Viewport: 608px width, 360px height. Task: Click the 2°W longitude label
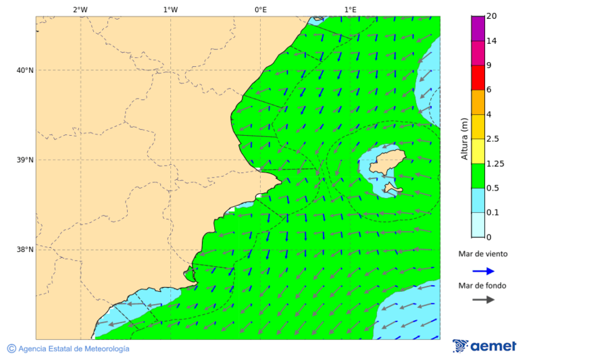[x=80, y=9]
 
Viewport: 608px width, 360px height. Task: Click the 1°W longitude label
[x=170, y=9]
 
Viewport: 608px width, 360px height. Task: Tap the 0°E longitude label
[x=261, y=9]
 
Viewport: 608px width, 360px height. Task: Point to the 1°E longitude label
[x=351, y=9]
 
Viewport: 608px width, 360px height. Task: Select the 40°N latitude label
[x=25, y=70]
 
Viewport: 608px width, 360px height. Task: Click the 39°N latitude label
[x=25, y=160]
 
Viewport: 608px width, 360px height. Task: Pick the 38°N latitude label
[x=25, y=250]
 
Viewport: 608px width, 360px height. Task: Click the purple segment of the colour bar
[x=478, y=28]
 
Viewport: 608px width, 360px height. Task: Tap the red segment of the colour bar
[x=478, y=78]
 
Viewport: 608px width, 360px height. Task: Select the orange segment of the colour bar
[x=478, y=102]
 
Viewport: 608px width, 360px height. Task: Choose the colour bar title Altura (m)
[x=464, y=139]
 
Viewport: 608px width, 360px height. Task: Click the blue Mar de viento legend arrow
[x=483, y=271]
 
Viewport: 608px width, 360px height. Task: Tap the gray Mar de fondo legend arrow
[x=483, y=300]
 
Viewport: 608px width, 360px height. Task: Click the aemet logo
[x=484, y=346]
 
